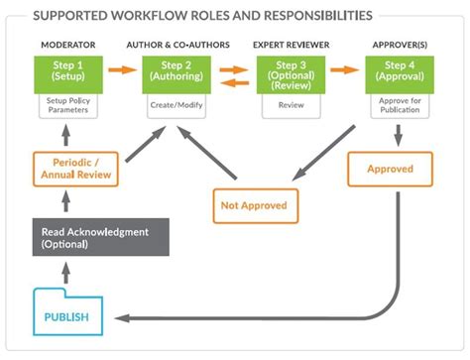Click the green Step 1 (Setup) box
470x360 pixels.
pos(68,71)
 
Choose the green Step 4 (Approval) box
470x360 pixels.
pos(400,71)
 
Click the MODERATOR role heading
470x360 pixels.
pos(67,47)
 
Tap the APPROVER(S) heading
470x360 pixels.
pos(400,47)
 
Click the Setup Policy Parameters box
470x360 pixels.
pos(68,106)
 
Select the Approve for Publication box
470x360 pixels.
pos(400,106)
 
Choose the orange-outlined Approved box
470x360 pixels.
pos(390,170)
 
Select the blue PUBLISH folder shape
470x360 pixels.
pos(67,316)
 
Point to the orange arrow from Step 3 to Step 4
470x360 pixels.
pos(345,70)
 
